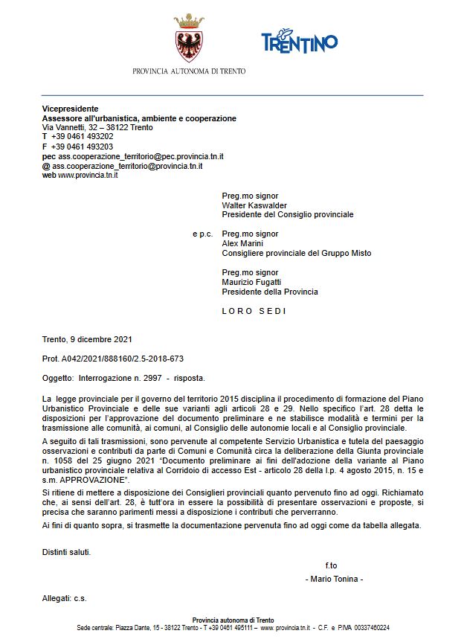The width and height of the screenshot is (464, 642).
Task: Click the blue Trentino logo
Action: click(299, 42)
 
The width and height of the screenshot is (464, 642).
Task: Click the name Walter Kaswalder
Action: click(254, 205)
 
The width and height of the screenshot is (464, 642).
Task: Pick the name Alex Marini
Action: click(243, 243)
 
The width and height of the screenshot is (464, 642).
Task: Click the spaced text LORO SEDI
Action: click(254, 311)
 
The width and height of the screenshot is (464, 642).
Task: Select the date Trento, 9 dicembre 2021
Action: click(87, 340)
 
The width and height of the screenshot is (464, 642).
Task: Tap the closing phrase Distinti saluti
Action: click(67, 552)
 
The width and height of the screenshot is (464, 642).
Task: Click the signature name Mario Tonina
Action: click(334, 579)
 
